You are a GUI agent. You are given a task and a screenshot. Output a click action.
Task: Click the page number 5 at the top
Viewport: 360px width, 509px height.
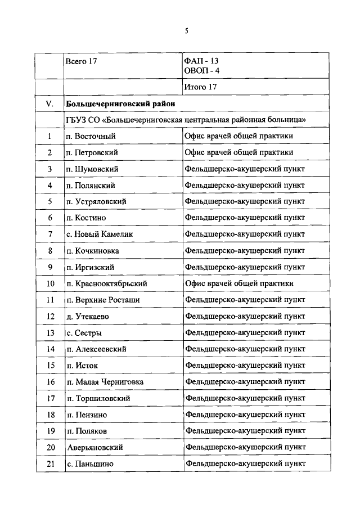point(186,31)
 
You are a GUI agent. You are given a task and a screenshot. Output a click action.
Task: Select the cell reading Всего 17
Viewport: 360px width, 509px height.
point(82,62)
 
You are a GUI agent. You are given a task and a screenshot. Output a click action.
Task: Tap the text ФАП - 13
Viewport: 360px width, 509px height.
point(202,61)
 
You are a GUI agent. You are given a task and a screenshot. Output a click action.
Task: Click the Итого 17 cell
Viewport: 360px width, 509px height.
point(200,87)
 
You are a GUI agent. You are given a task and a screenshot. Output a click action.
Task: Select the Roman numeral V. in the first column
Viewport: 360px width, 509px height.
point(49,103)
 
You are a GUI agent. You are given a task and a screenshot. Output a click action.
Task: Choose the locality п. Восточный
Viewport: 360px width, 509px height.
point(91,136)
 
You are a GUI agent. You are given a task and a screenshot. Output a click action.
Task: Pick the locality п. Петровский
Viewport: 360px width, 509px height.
point(92,152)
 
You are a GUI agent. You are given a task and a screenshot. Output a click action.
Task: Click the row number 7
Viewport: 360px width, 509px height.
point(49,234)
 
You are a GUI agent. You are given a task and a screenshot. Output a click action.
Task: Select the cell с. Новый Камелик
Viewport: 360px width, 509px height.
point(100,234)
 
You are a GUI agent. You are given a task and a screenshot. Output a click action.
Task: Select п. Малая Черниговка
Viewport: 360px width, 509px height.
point(105,382)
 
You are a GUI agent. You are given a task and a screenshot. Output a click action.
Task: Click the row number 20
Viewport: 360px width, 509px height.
point(49,447)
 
